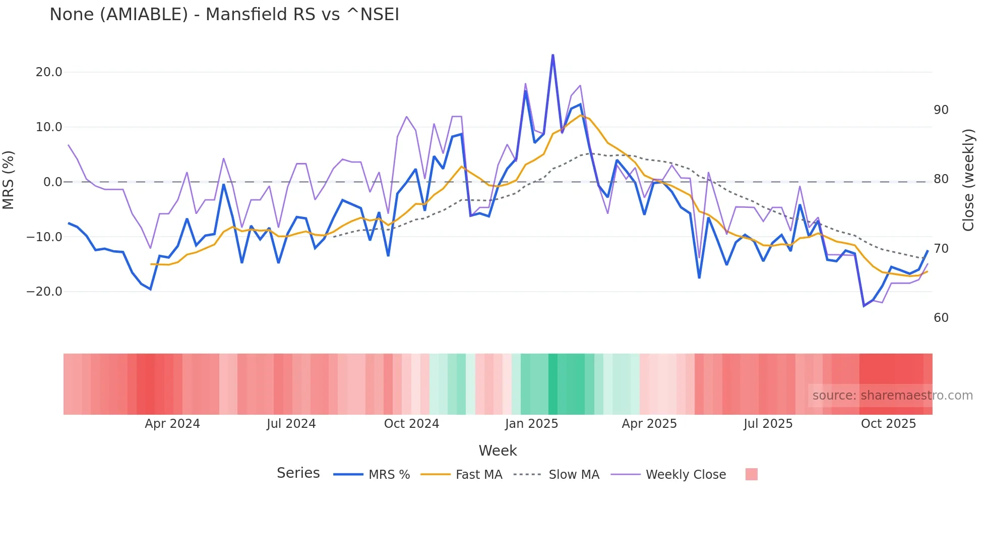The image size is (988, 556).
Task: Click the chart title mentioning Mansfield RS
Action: pyautogui.click(x=224, y=15)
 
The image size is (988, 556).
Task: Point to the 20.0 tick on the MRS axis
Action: pyautogui.click(x=49, y=72)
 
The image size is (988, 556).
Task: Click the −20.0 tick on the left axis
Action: pyautogui.click(x=44, y=292)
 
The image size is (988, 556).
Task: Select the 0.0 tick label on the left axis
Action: pyautogui.click(x=52, y=182)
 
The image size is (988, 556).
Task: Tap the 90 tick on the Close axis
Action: pyautogui.click(x=941, y=110)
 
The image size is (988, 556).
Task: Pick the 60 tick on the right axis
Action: pyautogui.click(x=941, y=318)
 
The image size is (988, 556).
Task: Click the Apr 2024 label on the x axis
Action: pyautogui.click(x=172, y=424)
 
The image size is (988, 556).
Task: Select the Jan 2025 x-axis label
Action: pyautogui.click(x=531, y=424)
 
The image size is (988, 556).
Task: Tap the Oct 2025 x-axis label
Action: pyautogui.click(x=888, y=424)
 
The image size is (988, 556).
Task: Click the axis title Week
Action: pyautogui.click(x=498, y=451)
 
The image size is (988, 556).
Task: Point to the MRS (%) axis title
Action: pyautogui.click(x=9, y=180)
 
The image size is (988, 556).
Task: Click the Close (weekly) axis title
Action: pyautogui.click(x=968, y=180)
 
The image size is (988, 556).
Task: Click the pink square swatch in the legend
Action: pyautogui.click(x=751, y=474)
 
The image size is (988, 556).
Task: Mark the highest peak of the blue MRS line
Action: pyautogui.click(x=553, y=55)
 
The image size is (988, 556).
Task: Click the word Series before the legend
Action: pyautogui.click(x=298, y=473)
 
